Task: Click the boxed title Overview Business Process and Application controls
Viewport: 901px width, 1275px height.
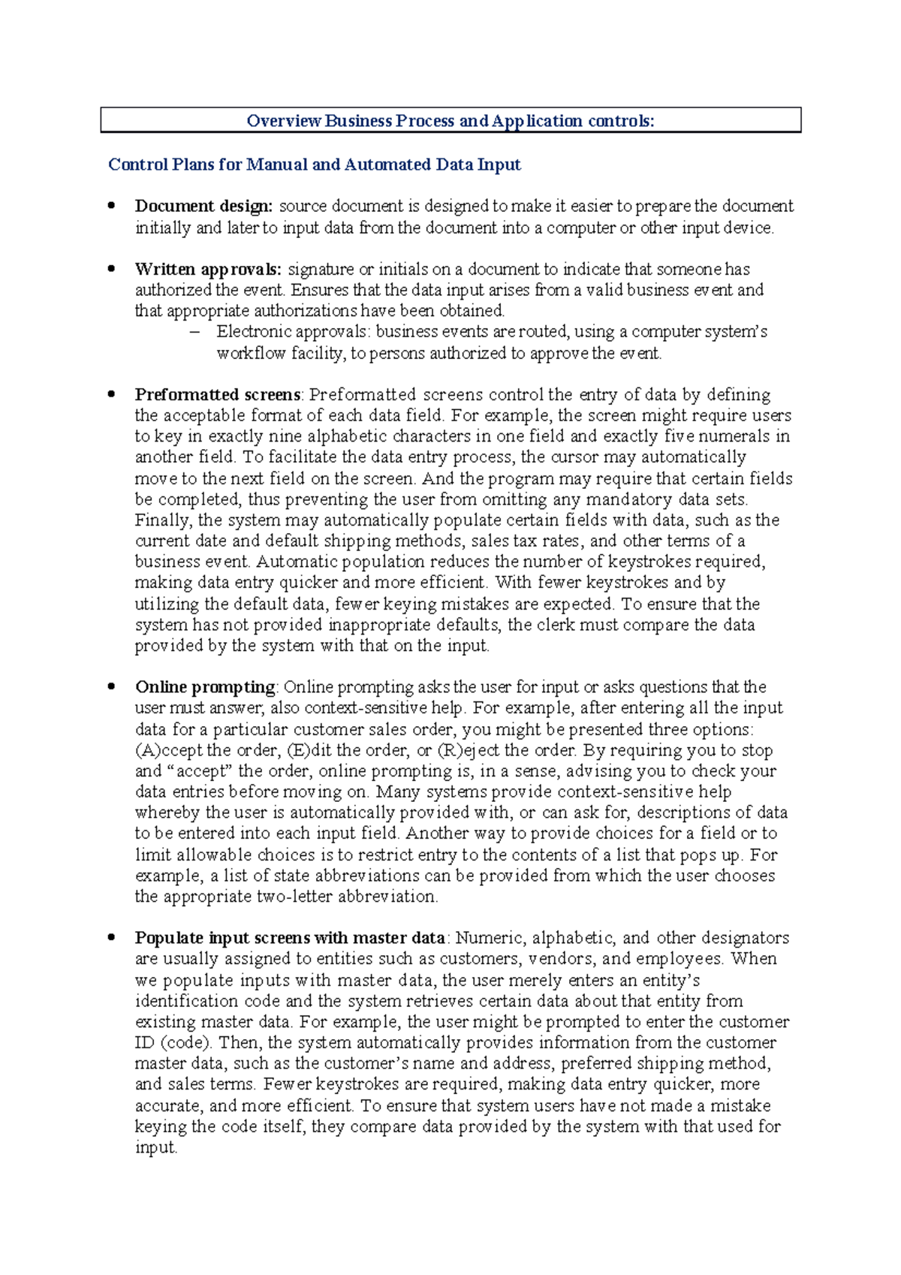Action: pos(450,121)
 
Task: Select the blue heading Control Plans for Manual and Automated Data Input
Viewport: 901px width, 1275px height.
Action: pos(315,164)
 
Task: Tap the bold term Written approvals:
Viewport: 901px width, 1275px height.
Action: pos(208,270)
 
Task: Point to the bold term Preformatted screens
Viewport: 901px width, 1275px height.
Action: pos(218,395)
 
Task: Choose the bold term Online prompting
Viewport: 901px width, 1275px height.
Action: pos(206,687)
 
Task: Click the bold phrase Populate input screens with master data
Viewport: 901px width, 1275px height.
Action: pos(290,938)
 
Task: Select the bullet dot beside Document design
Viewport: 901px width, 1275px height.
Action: pos(112,204)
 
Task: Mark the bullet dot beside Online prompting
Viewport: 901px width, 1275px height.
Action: pos(112,685)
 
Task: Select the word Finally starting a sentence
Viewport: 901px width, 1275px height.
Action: pos(155,520)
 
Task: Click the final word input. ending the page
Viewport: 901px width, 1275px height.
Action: pos(155,1148)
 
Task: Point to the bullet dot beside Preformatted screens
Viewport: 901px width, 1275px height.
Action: pos(112,393)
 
